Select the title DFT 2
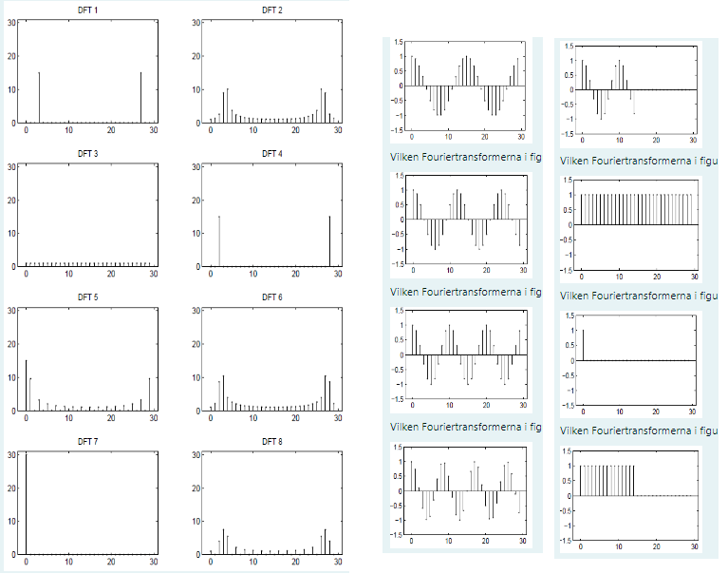coord(272,10)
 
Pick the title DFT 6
coord(272,297)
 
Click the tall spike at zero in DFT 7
coord(26,504)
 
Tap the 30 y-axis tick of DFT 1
coord(10,21)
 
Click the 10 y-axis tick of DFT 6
coord(196,377)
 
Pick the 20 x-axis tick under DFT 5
coord(111,418)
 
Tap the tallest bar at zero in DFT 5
coord(26,385)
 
